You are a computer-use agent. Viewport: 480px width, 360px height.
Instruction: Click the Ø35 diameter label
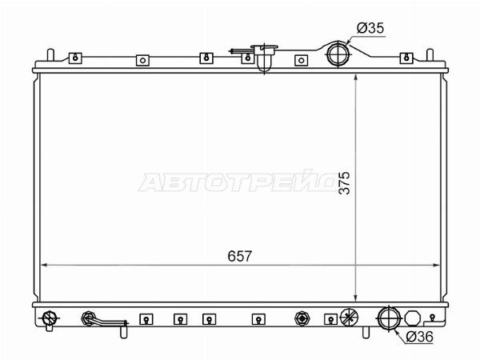coord(370,28)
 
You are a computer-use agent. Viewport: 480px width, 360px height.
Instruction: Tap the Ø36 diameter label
coord(420,337)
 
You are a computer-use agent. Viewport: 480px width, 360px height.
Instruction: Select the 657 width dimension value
coord(240,256)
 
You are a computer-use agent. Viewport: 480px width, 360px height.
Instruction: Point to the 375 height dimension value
coord(345,182)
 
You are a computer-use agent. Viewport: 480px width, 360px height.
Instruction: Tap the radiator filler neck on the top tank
coord(264,58)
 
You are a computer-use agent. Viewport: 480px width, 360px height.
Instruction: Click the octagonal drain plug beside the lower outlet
coord(413,318)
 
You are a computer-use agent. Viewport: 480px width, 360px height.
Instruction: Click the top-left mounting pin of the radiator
coord(50,54)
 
